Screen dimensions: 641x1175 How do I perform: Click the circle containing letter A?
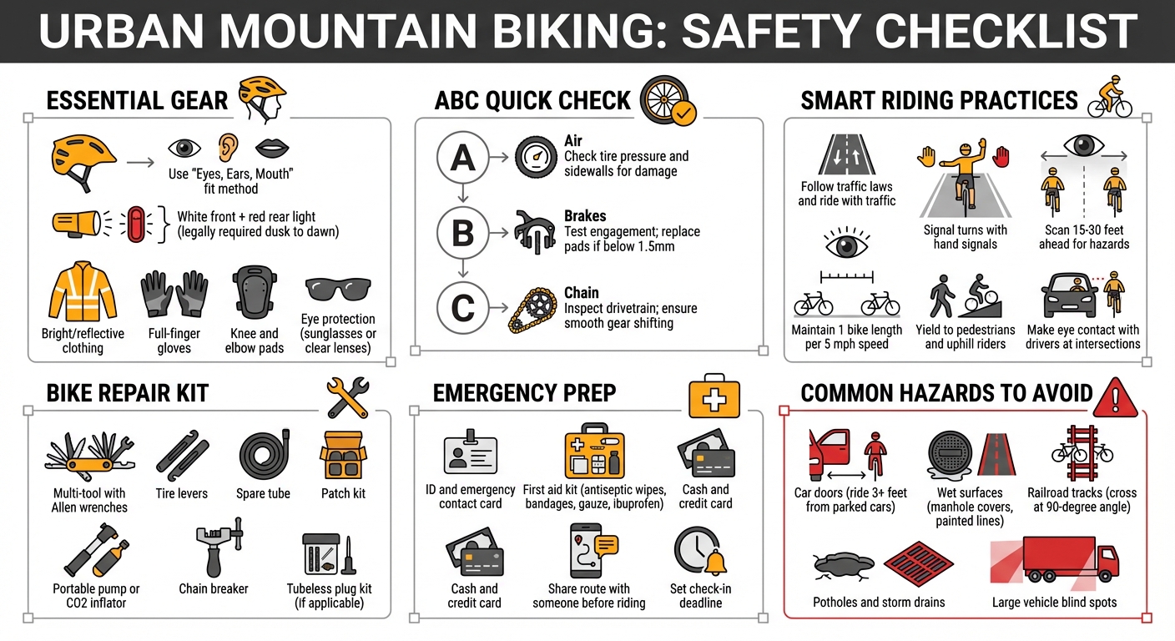pos(462,158)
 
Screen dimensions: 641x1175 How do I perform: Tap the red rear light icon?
pos(136,223)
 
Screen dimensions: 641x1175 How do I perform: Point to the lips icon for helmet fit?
pos(272,149)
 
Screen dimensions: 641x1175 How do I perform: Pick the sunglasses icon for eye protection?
pos(338,290)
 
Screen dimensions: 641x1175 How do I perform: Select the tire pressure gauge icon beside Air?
pos(534,156)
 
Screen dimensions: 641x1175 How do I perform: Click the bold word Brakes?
pos(585,215)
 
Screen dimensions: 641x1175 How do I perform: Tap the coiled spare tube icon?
pos(264,455)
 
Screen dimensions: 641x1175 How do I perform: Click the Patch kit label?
pos(343,493)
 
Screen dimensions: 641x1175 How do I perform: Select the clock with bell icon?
pos(698,552)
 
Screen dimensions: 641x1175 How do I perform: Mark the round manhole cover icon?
pos(950,455)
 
